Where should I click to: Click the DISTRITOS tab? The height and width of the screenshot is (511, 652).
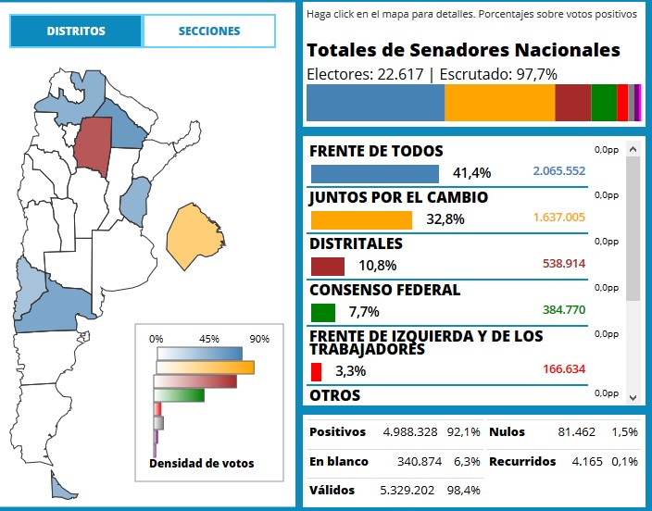77,31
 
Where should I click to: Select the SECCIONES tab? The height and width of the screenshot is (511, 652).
209,31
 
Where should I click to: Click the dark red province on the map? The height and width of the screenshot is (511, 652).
93,145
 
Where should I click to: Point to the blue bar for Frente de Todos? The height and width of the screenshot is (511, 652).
374,174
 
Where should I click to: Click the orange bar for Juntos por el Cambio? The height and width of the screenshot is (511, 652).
360,220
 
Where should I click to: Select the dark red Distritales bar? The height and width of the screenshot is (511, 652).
327,267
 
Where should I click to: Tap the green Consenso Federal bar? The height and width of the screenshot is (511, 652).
322,313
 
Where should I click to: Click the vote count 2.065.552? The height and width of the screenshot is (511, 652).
558,172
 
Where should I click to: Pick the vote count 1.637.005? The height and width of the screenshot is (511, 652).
558,218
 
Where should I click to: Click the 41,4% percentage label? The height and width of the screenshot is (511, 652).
471,173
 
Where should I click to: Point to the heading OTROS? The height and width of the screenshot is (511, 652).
335,395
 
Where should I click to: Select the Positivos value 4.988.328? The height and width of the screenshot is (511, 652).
410,432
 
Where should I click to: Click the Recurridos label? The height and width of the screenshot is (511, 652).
521,461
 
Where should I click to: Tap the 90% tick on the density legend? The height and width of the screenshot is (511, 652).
258,339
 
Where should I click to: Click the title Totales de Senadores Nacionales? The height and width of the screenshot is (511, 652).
463,51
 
